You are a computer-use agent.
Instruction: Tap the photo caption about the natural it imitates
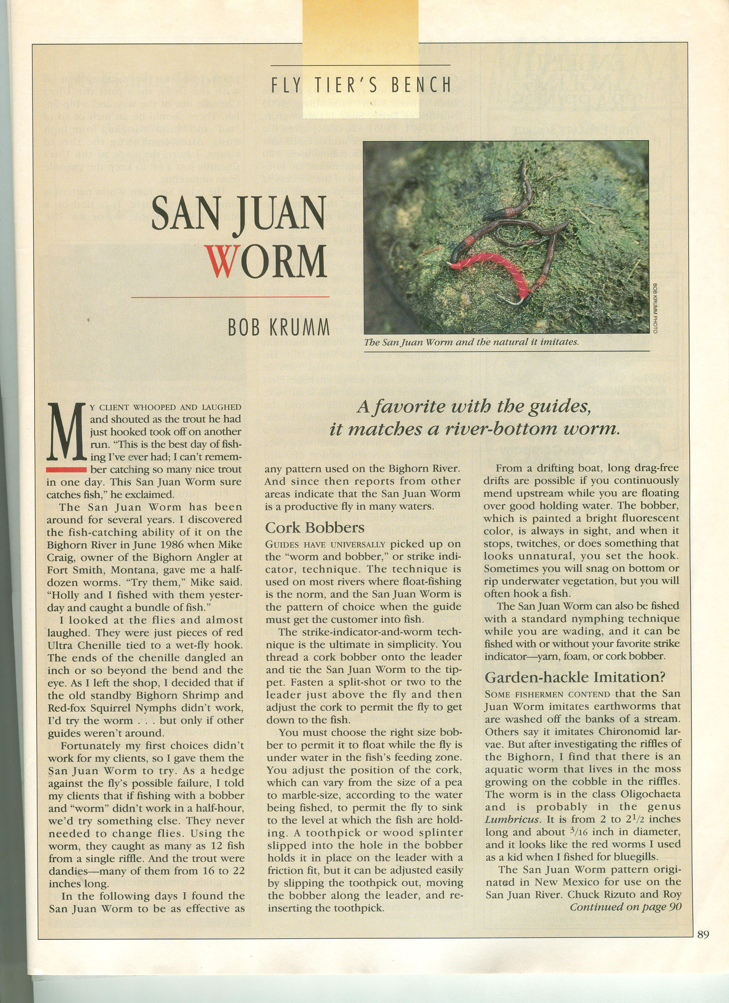pos(472,342)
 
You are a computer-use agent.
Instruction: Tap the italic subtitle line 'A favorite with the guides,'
pos(474,408)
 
